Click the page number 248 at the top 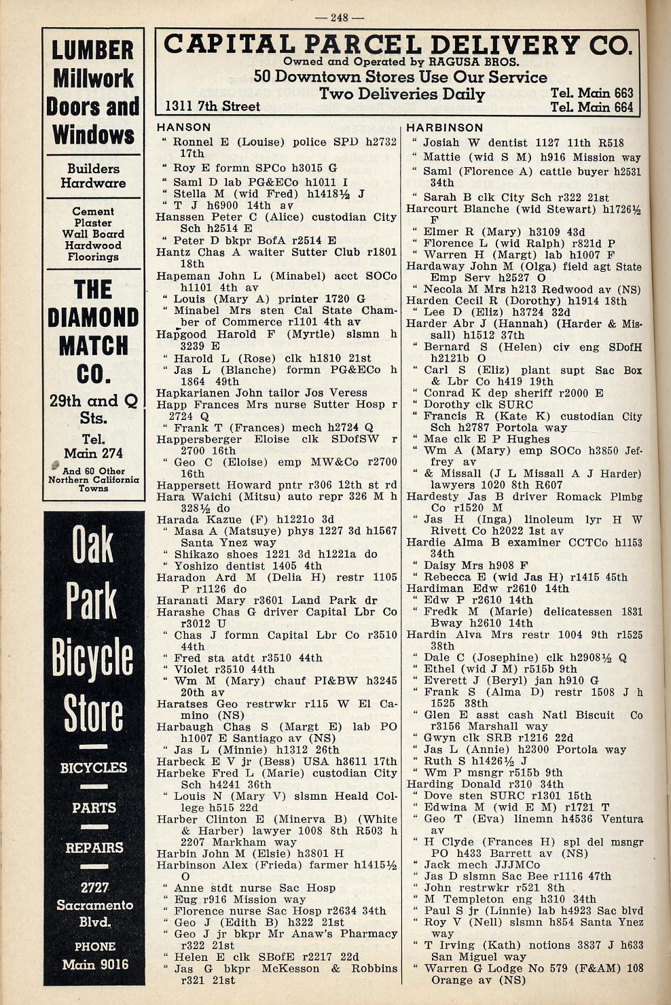pos(340,18)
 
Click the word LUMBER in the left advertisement pos(93,50)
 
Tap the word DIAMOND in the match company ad pos(93,318)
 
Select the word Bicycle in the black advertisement pos(93,658)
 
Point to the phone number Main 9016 pos(94,964)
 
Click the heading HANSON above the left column pos(183,127)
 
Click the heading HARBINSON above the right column pos(444,127)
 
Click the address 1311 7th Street pos(213,106)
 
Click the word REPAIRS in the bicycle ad pos(94,847)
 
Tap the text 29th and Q pos(93,401)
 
